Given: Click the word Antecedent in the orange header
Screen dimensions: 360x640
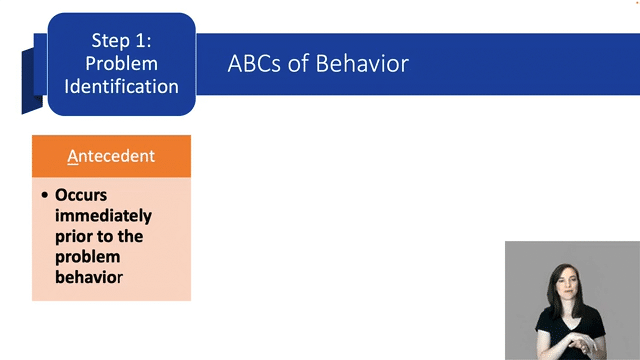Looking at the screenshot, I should pos(111,156).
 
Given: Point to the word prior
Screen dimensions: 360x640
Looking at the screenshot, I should pos(73,236).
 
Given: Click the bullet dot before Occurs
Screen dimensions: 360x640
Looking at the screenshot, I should pos(45,195).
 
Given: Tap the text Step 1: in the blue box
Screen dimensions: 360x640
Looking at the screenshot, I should pos(121,41).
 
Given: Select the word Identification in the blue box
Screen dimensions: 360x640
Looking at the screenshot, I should pos(121,86).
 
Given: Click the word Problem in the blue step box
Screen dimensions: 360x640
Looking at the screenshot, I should pos(121,63).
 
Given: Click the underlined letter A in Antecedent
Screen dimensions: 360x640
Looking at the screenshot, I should pos(72,156).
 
